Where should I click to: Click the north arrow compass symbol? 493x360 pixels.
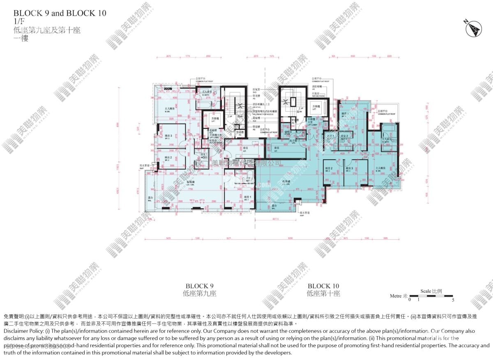point(473,28)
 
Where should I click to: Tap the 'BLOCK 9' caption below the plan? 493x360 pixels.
point(200,286)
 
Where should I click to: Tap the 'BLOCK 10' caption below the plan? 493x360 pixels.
point(323,286)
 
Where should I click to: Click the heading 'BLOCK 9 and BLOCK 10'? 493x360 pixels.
point(60,13)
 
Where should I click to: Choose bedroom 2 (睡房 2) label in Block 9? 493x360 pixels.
point(168,158)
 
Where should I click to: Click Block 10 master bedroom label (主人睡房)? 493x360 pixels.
point(380,169)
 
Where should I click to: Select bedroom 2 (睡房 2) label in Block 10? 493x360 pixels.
point(328,169)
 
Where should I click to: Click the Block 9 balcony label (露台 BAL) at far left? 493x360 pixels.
point(150,199)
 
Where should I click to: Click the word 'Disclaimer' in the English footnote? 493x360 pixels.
point(17,331)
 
